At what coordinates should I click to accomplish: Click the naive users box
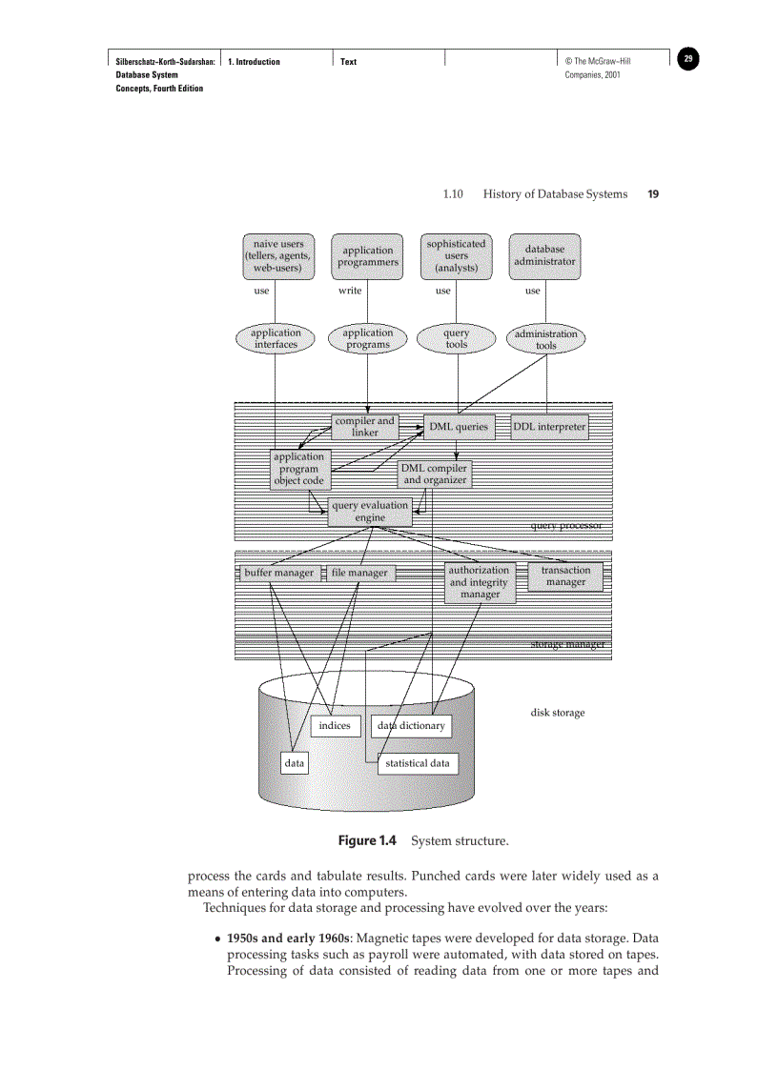pos(277,256)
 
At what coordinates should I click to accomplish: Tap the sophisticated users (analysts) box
pos(456,256)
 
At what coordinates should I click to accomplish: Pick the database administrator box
pos(544,255)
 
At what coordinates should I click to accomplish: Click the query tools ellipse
pos(456,339)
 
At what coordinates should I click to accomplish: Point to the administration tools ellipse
pos(545,339)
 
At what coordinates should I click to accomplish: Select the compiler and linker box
pos(364,426)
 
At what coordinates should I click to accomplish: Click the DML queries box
pos(458,427)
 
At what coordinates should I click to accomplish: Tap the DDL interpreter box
pos(549,427)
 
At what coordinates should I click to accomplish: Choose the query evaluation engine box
pos(370,512)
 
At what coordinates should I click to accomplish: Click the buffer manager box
pos(278,574)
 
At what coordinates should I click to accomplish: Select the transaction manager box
pos(565,575)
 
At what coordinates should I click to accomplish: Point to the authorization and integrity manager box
pos(480,582)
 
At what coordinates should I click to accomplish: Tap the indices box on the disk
pos(335,726)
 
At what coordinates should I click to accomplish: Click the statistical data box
pos(417,763)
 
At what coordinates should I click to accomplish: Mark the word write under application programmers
pos(350,291)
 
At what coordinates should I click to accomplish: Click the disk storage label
pos(558,713)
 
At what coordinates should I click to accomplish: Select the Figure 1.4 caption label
pos(367,841)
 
